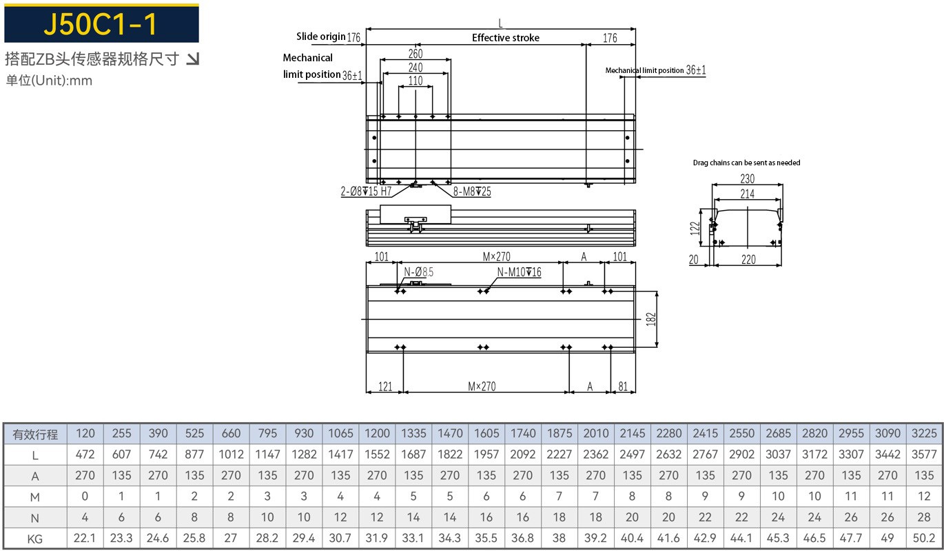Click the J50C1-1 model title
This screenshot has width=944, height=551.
[101, 24]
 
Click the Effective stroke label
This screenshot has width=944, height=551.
[505, 38]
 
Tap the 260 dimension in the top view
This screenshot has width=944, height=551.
[415, 54]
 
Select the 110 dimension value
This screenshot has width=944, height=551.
[415, 81]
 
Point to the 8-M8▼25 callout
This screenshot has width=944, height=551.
[472, 191]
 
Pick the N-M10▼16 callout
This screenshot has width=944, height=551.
[519, 273]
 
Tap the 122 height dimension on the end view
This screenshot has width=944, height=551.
[695, 227]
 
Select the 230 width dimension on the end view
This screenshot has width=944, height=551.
[748, 178]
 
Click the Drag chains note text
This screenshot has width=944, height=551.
[746, 163]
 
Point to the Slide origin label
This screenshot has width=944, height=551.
[321, 37]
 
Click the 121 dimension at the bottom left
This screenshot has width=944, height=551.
[385, 386]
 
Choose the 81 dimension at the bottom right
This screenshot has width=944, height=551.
[622, 386]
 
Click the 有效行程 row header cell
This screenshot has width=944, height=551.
[35, 434]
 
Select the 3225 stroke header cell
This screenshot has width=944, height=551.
[924, 433]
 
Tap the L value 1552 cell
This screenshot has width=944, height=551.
[376, 455]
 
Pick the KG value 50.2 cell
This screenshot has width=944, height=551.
[924, 539]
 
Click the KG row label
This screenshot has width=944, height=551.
[35, 539]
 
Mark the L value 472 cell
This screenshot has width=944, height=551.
[85, 455]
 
